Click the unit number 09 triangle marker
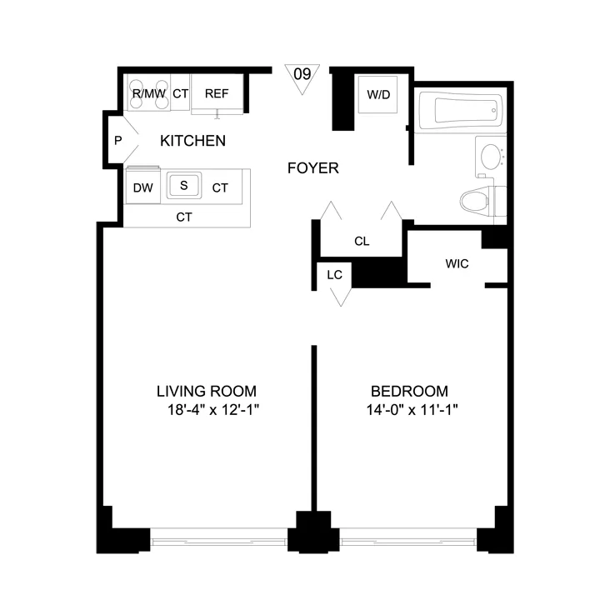tap(302, 75)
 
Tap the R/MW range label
tap(149, 94)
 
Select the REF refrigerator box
tap(217, 94)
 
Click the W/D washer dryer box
tap(378, 94)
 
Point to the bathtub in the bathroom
tap(461, 112)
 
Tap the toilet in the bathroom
tap(482, 201)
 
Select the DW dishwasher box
tap(143, 187)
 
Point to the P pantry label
tap(118, 141)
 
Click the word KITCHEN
tap(192, 141)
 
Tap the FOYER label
tap(312, 168)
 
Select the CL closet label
tap(362, 242)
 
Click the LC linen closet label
tap(335, 274)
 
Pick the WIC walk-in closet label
tap(457, 264)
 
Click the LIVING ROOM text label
tap(207, 391)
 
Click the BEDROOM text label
tap(409, 391)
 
